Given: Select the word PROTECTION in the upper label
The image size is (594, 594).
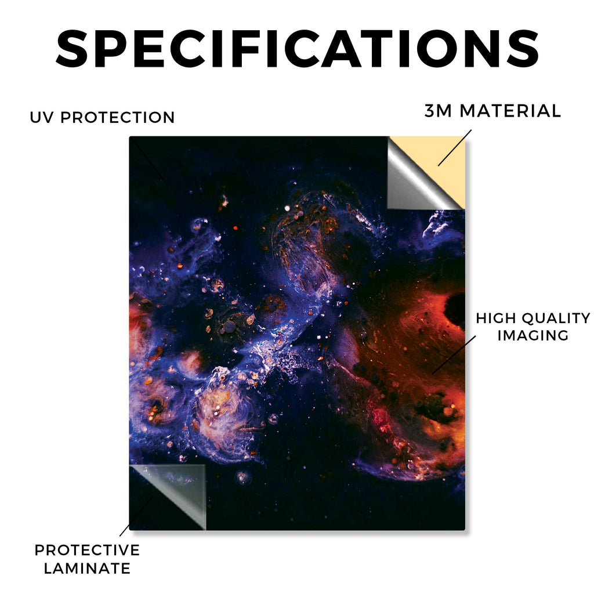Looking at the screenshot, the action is coord(117,117).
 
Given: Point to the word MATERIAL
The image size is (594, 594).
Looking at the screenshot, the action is coord(510,111).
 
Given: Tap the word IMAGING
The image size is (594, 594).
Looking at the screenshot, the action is coord(533,335).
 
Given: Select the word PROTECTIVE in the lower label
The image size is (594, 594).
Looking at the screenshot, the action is coord(87,550).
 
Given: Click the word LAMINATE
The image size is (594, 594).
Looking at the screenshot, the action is coord(87,568).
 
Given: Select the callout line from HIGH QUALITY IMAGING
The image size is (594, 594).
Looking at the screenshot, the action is coord(454,354).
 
